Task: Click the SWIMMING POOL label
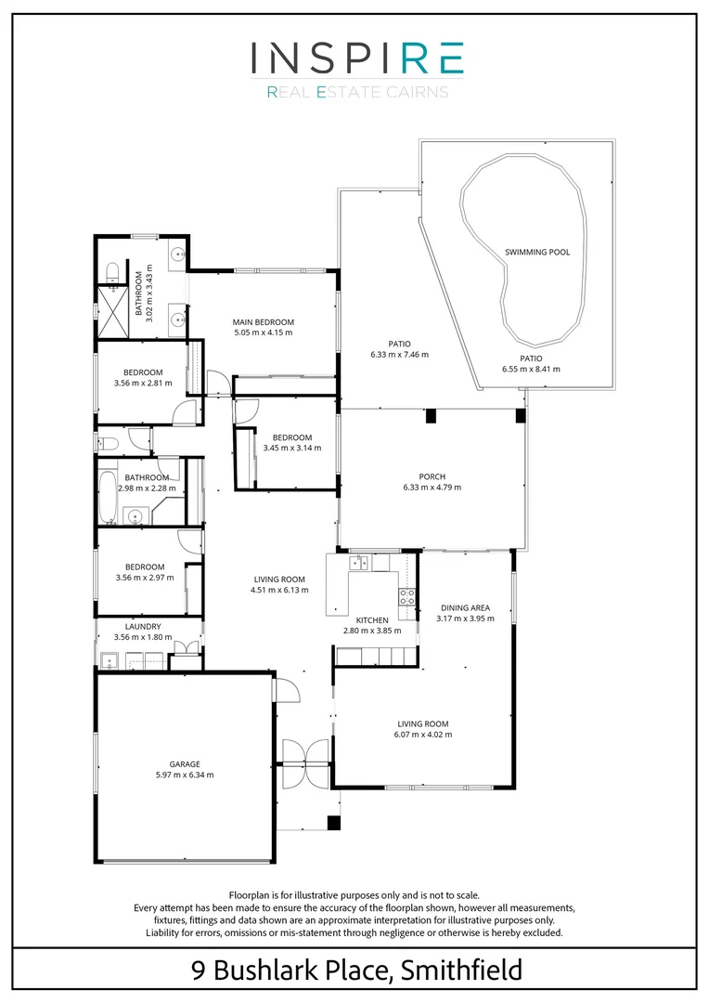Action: tap(537, 252)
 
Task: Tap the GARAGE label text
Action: tap(185, 763)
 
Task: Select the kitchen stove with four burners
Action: tap(406, 596)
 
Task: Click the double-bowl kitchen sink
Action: tap(358, 562)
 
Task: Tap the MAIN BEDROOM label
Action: tap(264, 321)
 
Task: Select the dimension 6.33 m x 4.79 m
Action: tap(432, 487)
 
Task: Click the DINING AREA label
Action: tap(464, 609)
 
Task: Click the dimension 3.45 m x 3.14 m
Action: tap(291, 448)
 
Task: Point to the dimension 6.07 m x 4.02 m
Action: tap(424, 735)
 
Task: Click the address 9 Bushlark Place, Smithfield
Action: tap(356, 971)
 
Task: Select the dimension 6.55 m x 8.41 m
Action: tap(531, 369)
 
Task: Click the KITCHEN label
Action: tap(372, 619)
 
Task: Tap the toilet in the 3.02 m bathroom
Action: tap(111, 270)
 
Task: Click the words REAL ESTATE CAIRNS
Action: tap(356, 92)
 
